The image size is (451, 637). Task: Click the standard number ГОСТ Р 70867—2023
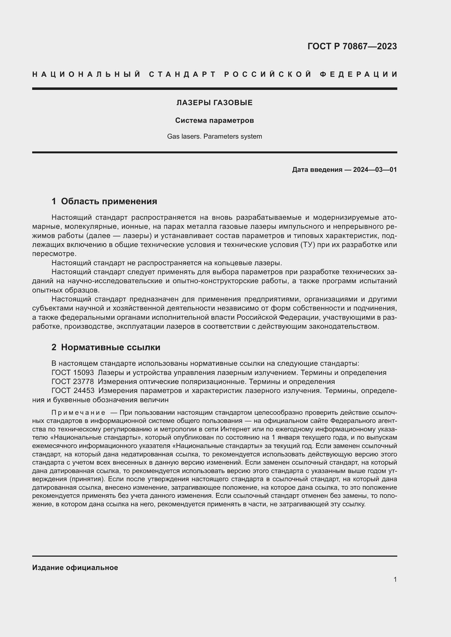click(x=352, y=46)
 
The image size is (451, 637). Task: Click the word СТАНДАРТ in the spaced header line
click(x=182, y=74)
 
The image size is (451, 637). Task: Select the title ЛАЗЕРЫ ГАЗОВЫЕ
click(x=214, y=103)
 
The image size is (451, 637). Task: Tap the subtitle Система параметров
click(x=214, y=120)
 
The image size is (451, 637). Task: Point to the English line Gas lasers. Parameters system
click(x=214, y=136)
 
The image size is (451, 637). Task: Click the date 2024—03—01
click(x=375, y=169)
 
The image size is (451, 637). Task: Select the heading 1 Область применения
click(x=104, y=201)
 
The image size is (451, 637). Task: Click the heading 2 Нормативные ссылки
click(x=106, y=347)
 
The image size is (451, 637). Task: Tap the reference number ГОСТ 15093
click(x=73, y=373)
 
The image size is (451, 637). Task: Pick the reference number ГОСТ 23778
click(x=73, y=382)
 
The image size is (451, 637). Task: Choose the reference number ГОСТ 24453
click(x=73, y=391)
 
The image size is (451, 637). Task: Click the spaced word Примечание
click(x=78, y=413)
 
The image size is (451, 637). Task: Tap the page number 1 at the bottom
click(x=395, y=579)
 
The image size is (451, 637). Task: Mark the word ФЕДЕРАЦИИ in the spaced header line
click(x=359, y=74)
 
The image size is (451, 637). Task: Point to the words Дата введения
click(x=317, y=169)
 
